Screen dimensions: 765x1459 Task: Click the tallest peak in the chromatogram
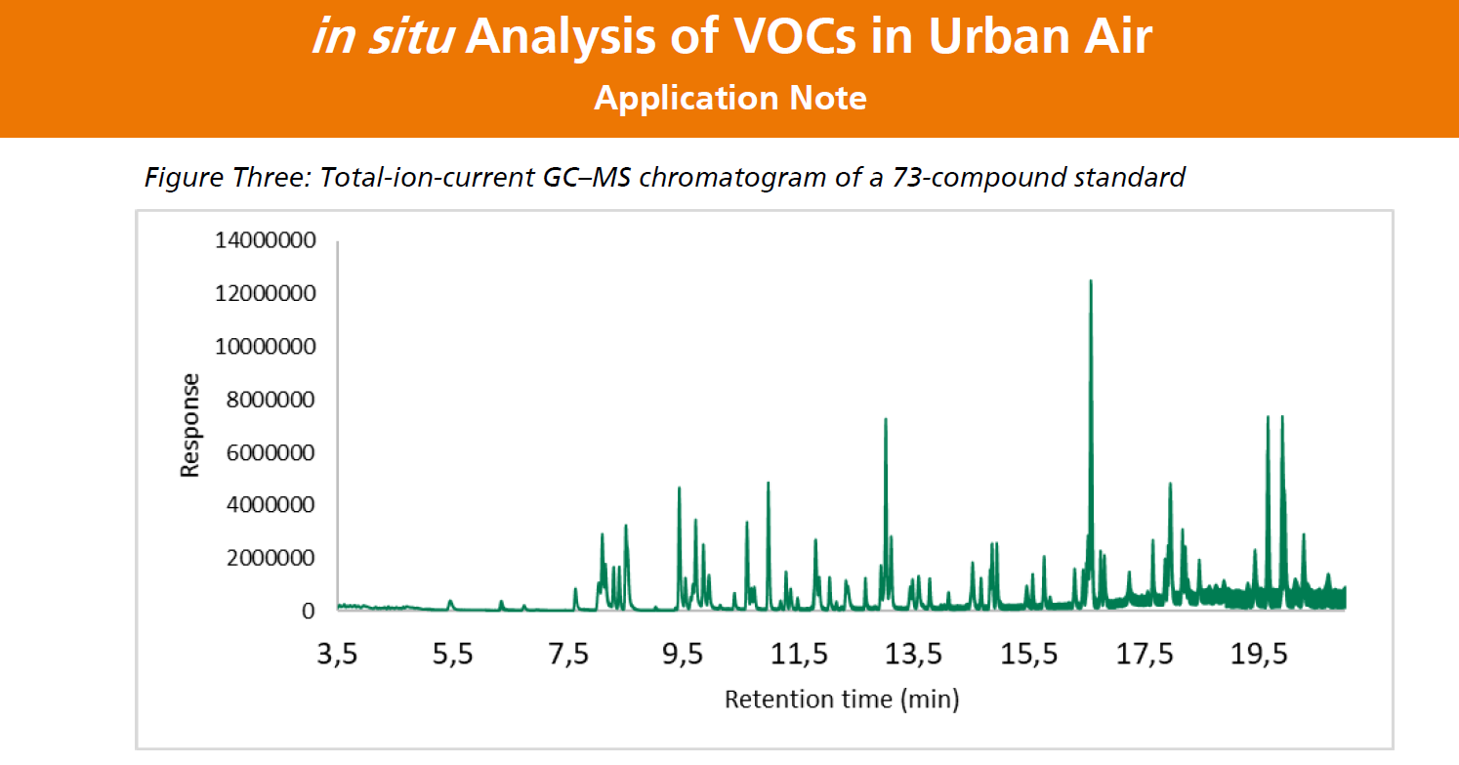[1091, 283]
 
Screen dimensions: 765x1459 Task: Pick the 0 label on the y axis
[309, 611]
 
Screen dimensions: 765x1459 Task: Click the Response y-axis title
[189, 425]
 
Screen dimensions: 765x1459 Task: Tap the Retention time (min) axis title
[841, 700]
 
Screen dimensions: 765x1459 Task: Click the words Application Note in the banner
[729, 98]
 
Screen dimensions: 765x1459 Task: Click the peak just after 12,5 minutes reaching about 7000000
[885, 420]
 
